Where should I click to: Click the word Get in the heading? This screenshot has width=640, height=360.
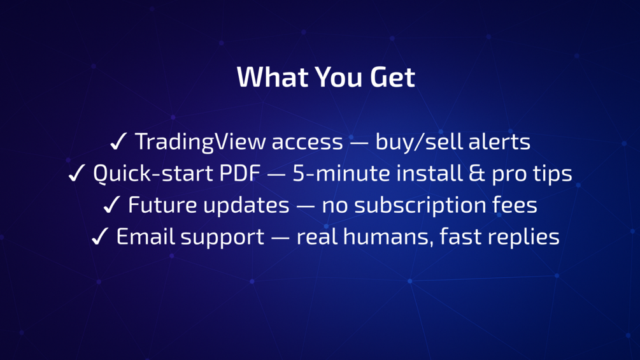click(x=392, y=76)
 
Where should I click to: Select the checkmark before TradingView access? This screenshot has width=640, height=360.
click(x=118, y=141)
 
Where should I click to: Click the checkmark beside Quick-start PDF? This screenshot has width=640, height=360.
click(x=76, y=173)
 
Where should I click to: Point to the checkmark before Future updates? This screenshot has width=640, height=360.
click(x=111, y=205)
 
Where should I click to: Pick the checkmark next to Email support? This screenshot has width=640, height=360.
click(x=99, y=236)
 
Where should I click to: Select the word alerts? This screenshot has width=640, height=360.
click(x=499, y=141)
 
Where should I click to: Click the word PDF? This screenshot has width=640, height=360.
click(x=239, y=173)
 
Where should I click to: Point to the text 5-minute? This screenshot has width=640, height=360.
click(x=341, y=173)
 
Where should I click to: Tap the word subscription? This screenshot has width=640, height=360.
click(x=420, y=206)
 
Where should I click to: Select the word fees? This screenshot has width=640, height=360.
click(x=515, y=205)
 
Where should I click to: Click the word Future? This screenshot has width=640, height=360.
click(x=162, y=205)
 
